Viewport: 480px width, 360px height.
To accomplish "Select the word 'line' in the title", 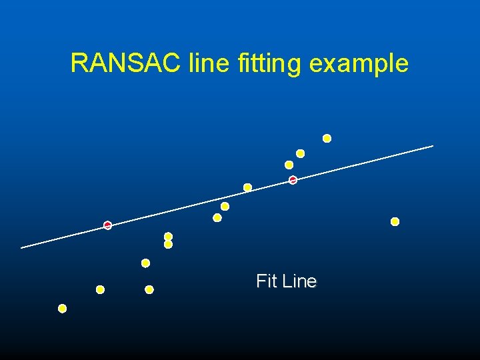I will pos(209,63).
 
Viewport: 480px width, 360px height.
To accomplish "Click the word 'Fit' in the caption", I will pos(267,281).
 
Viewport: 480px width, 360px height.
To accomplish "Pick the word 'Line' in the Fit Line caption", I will pos(299,281).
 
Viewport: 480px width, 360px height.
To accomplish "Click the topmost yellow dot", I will pos(327,139).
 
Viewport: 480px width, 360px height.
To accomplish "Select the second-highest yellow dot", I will pos(300,154).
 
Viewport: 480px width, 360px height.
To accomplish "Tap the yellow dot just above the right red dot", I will pos(289,165).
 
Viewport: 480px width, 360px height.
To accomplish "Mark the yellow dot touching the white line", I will pos(247,187).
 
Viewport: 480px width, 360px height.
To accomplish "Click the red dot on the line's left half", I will pos(107,225).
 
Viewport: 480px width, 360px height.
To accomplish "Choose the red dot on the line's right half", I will pos(293,180).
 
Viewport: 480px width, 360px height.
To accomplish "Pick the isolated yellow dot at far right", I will pos(395,221).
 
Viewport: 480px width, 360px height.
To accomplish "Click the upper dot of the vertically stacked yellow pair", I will pos(168,237).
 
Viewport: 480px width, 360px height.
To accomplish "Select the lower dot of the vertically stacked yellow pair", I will pos(168,245).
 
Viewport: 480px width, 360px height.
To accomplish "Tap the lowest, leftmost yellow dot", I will pos(62,309).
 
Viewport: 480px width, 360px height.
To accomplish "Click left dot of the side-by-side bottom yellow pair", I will pos(100,289).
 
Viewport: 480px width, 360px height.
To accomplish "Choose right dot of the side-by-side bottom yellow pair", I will pos(149,289).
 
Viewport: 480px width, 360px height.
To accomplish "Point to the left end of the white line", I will pos(22,247).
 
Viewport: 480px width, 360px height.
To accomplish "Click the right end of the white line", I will pos(432,146).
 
